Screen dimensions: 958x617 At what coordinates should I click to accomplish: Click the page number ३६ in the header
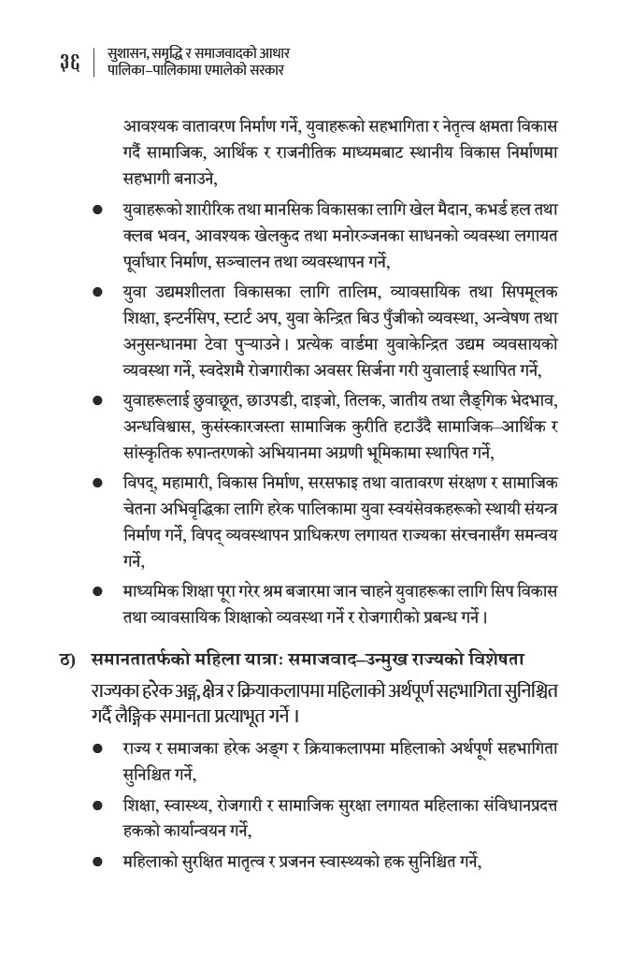69,63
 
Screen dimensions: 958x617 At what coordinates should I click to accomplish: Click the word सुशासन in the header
130,54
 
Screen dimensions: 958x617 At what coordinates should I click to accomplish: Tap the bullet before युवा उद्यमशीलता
97,294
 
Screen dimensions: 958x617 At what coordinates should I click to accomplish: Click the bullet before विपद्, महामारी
97,485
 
